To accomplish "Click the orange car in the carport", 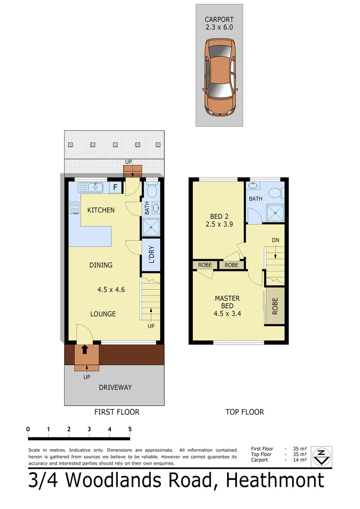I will (219, 76).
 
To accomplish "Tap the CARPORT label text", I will (219, 19).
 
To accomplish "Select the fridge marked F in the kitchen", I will (116, 188).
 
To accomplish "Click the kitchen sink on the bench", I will (91, 188).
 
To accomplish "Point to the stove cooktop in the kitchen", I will (74, 208).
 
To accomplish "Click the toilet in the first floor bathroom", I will (151, 190).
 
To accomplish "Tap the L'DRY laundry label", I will (151, 255).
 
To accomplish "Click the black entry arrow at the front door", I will (84, 349).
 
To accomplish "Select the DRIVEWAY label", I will (115, 387).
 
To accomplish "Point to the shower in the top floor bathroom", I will (274, 212).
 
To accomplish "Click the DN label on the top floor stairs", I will (276, 240).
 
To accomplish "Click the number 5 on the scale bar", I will (130, 429).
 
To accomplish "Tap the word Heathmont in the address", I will (275, 480).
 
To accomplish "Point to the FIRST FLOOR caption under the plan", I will (117, 412).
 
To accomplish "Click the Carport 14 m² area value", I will (300, 460).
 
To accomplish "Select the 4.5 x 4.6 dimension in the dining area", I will (111, 290).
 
